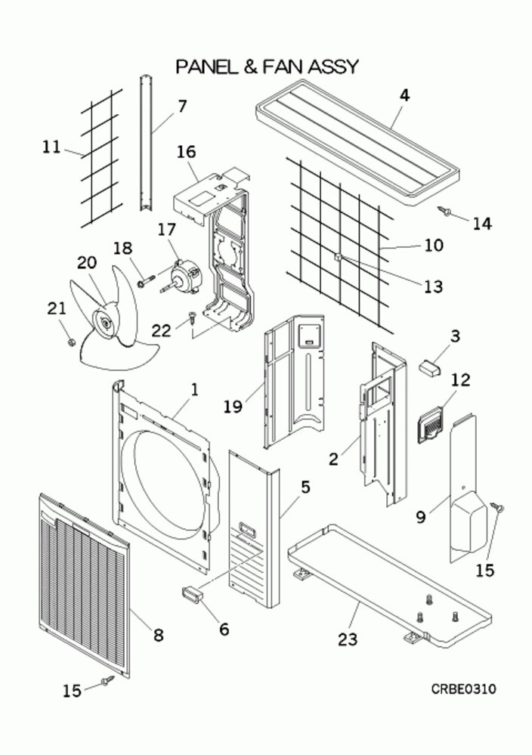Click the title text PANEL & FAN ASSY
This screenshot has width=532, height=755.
(266, 67)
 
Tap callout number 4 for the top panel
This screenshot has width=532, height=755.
(404, 95)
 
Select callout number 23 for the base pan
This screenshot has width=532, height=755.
(347, 639)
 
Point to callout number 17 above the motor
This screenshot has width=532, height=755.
(165, 230)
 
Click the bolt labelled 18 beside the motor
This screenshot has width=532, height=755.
(144, 283)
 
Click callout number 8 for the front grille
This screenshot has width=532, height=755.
(157, 635)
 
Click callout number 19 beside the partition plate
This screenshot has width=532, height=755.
(232, 407)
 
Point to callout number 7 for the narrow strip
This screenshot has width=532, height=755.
(182, 105)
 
